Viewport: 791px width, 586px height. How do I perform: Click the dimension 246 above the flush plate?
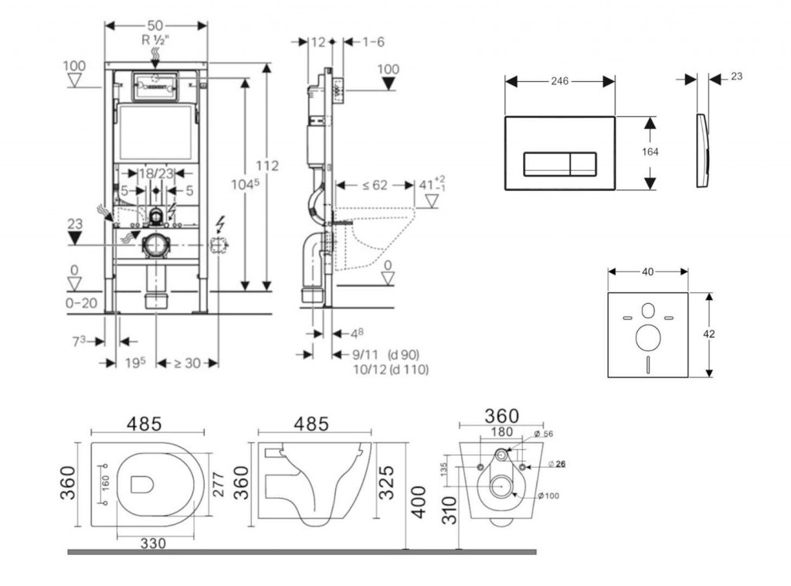pos(560,81)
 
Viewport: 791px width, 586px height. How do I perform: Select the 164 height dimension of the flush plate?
pos(650,152)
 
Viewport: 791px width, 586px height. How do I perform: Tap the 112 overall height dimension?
pos(268,165)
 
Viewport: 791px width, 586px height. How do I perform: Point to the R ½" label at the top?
pos(156,38)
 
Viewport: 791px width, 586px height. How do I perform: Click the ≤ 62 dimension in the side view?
pos(375,186)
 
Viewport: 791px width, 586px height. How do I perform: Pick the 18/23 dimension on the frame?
pos(155,174)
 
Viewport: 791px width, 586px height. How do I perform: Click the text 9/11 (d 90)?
pos(384,355)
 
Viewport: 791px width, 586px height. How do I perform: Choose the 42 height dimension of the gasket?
pos(709,334)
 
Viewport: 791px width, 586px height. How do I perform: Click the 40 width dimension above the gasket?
pos(647,271)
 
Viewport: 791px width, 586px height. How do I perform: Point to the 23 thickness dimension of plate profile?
pos(735,77)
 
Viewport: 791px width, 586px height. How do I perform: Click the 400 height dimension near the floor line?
pos(418,503)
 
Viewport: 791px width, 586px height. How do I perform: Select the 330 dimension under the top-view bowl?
pos(154,543)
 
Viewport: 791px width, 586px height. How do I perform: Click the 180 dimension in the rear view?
pos(502,432)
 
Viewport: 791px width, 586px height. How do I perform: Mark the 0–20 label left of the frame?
pos(81,303)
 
